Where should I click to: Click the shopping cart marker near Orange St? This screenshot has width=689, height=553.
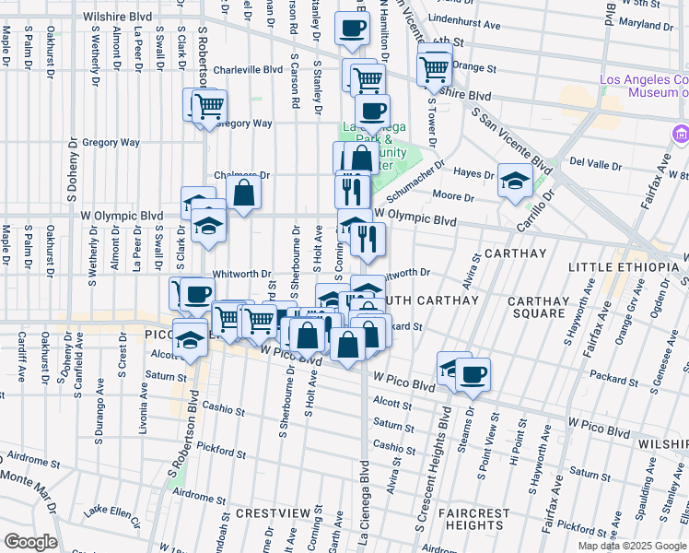pos(435,66)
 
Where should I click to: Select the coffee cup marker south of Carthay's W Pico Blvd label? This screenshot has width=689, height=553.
pos(473,373)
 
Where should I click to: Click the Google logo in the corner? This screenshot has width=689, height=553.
pos(29,541)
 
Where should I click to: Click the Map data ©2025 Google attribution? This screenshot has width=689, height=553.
pos(632,546)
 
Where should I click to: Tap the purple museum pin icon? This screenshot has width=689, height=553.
pos(681,135)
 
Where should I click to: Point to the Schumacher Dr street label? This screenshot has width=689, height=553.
pos(416,182)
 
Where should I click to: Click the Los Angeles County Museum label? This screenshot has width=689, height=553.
pos(644,86)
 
